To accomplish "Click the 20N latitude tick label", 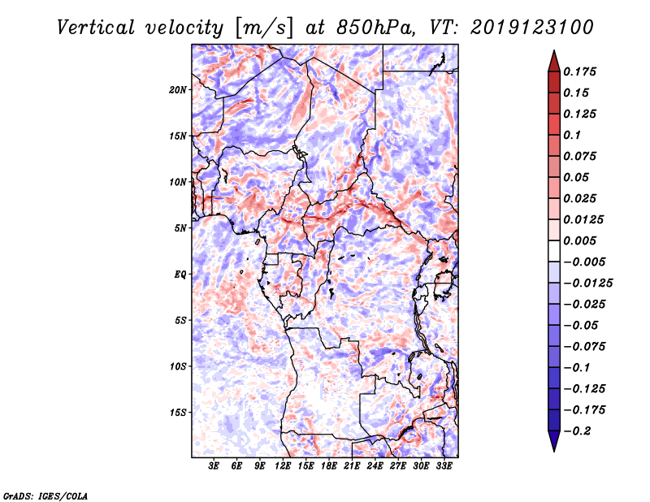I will click(x=178, y=89).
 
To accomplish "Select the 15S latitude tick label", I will click(x=178, y=413).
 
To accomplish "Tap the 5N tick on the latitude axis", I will click(x=180, y=228).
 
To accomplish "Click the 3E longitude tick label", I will click(x=214, y=467).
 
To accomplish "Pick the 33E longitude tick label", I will click(x=444, y=467).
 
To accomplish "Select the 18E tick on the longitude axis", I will click(x=329, y=467).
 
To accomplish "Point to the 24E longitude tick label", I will click(x=375, y=467).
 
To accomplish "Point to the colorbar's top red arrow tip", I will click(x=553, y=51).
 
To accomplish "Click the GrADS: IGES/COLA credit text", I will click(x=45, y=495).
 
